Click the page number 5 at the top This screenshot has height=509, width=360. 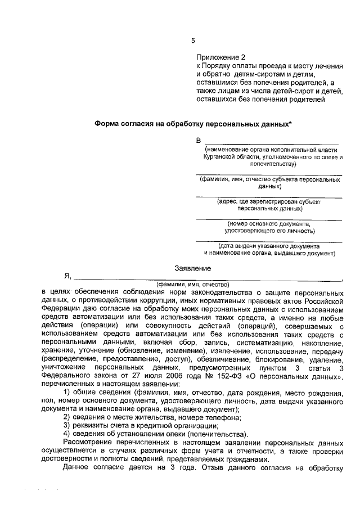point(193,40)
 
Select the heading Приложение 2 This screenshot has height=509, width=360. point(221,57)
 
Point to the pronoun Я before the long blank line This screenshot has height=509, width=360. point(67,277)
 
